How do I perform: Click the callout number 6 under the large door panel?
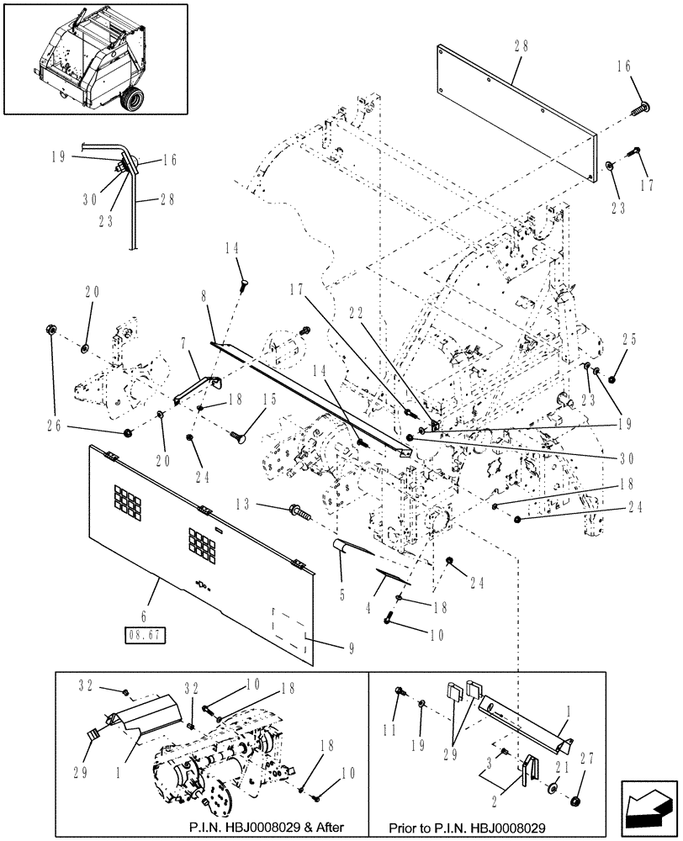146,616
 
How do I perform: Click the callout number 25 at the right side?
631,341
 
